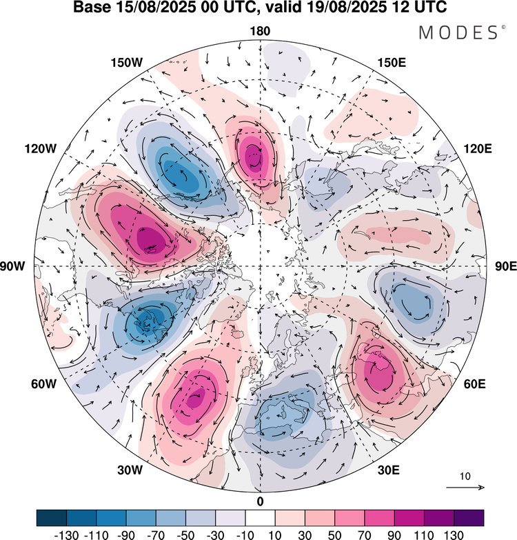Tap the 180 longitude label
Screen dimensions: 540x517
coord(260,31)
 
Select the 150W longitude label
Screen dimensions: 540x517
coord(126,63)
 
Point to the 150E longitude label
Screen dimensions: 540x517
coord(392,63)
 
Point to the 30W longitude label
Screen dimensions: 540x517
coord(129,470)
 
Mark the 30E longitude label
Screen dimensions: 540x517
coord(389,470)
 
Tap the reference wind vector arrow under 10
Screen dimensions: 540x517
coord(465,488)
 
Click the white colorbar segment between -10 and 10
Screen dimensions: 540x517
coord(260,517)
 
